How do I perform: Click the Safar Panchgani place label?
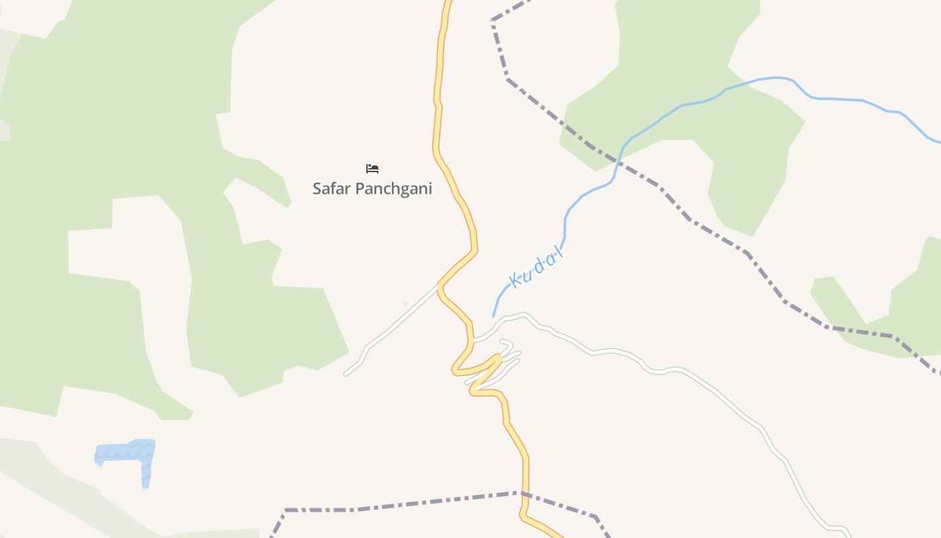click(372, 189)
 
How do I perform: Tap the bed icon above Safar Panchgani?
click(372, 169)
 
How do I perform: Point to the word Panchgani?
click(393, 189)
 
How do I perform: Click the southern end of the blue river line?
click(494, 315)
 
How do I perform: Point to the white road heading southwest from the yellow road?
click(390, 330)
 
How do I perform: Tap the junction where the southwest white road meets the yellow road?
click(440, 285)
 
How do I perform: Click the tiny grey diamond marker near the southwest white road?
click(405, 304)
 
